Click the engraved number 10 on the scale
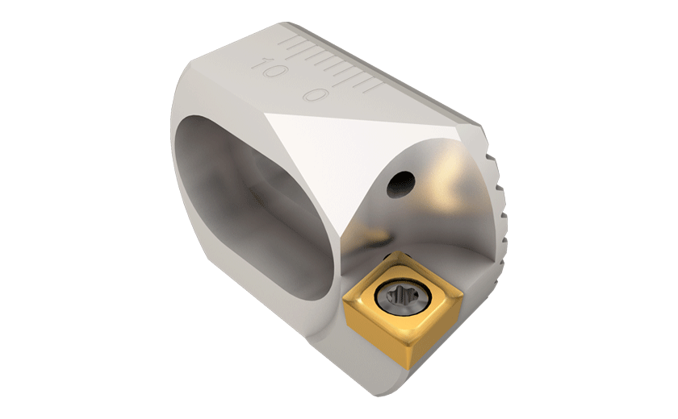[x=269, y=68]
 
